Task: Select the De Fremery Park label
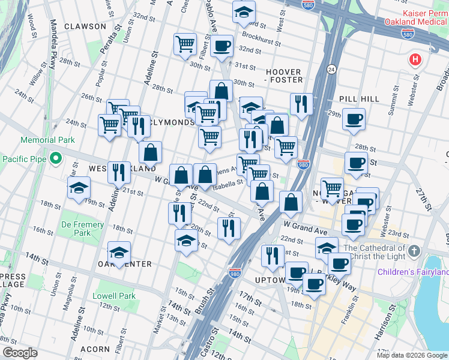tap(82, 229)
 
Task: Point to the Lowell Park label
tap(114, 296)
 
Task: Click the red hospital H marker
tap(415, 60)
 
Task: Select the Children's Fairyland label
tap(412, 272)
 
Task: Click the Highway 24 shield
tap(331, 70)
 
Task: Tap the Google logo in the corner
tap(20, 352)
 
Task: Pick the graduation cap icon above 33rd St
tap(244, 12)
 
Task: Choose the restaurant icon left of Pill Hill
tap(301, 103)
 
